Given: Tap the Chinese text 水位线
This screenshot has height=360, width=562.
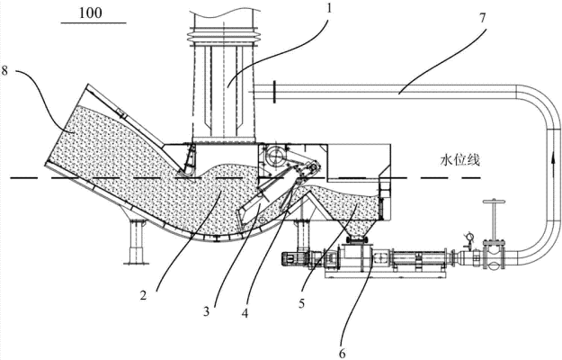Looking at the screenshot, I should tap(459, 160).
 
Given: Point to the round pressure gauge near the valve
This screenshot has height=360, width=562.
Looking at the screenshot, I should tap(468, 238).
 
